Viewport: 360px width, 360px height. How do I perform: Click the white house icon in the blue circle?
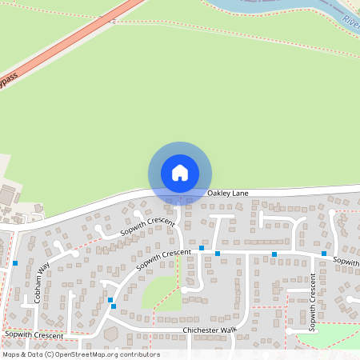coord(180,173)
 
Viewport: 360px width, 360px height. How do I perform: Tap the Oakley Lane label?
coord(225,194)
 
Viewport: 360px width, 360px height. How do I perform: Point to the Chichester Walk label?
coord(210,330)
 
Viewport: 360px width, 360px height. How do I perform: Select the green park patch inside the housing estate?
coord(160,292)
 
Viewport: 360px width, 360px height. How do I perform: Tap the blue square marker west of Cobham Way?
coord(15,262)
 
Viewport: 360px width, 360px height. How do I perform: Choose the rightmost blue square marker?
coord(324,254)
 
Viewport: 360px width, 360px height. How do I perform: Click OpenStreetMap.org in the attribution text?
coord(88,354)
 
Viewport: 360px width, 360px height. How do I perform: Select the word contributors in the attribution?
coord(140,354)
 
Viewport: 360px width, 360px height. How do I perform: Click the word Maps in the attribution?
coord(12,354)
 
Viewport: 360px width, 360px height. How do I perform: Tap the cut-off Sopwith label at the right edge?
coord(346,261)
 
